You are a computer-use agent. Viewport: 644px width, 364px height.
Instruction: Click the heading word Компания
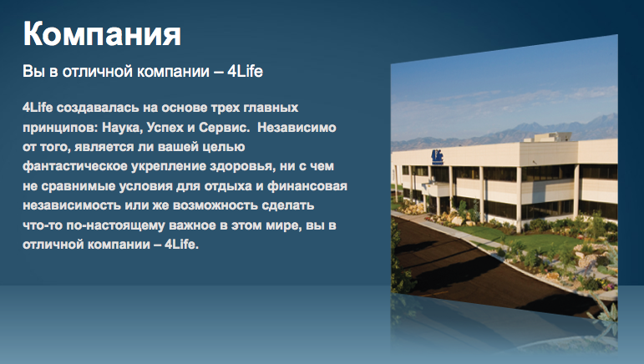[102, 34]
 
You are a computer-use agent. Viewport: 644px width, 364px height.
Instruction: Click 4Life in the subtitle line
[245, 72]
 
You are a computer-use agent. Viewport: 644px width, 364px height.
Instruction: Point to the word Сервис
[224, 128]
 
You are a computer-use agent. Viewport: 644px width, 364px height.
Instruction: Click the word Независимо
[297, 127]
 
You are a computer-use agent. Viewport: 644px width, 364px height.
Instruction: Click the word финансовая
[307, 186]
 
